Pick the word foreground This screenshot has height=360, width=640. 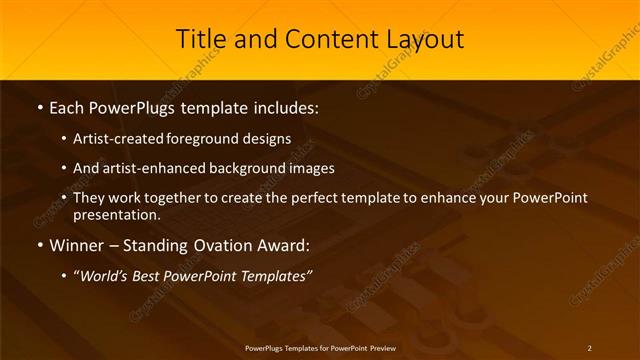213,139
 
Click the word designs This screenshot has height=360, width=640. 269,139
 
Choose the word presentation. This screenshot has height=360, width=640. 118,214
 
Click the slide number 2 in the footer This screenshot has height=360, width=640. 589,348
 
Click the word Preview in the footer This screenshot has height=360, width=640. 381,348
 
